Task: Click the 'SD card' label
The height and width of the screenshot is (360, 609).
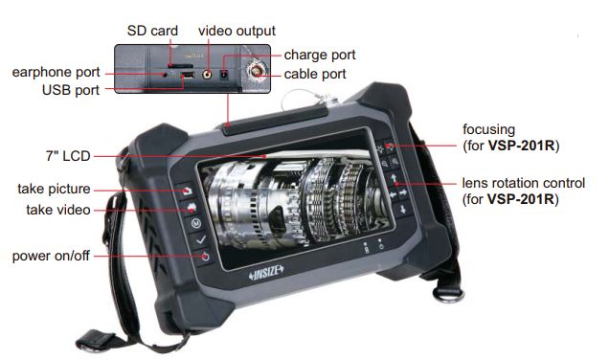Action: (x=152, y=31)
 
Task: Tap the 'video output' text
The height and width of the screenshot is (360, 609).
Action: (x=237, y=31)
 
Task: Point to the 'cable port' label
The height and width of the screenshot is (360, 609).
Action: (x=315, y=74)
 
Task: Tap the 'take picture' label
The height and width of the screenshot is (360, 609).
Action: (x=54, y=187)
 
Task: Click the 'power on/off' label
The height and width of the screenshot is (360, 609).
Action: (x=54, y=256)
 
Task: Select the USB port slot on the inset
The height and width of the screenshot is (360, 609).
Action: (x=189, y=75)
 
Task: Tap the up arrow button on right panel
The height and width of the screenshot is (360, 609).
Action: (x=394, y=179)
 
